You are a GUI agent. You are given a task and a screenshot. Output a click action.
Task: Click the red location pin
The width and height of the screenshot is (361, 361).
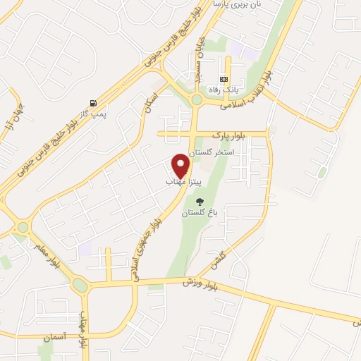(181, 164)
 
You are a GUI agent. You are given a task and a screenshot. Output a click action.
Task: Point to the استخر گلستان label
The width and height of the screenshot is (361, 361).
(214, 152)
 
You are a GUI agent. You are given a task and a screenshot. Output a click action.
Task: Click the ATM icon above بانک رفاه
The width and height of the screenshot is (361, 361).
(224, 79)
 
